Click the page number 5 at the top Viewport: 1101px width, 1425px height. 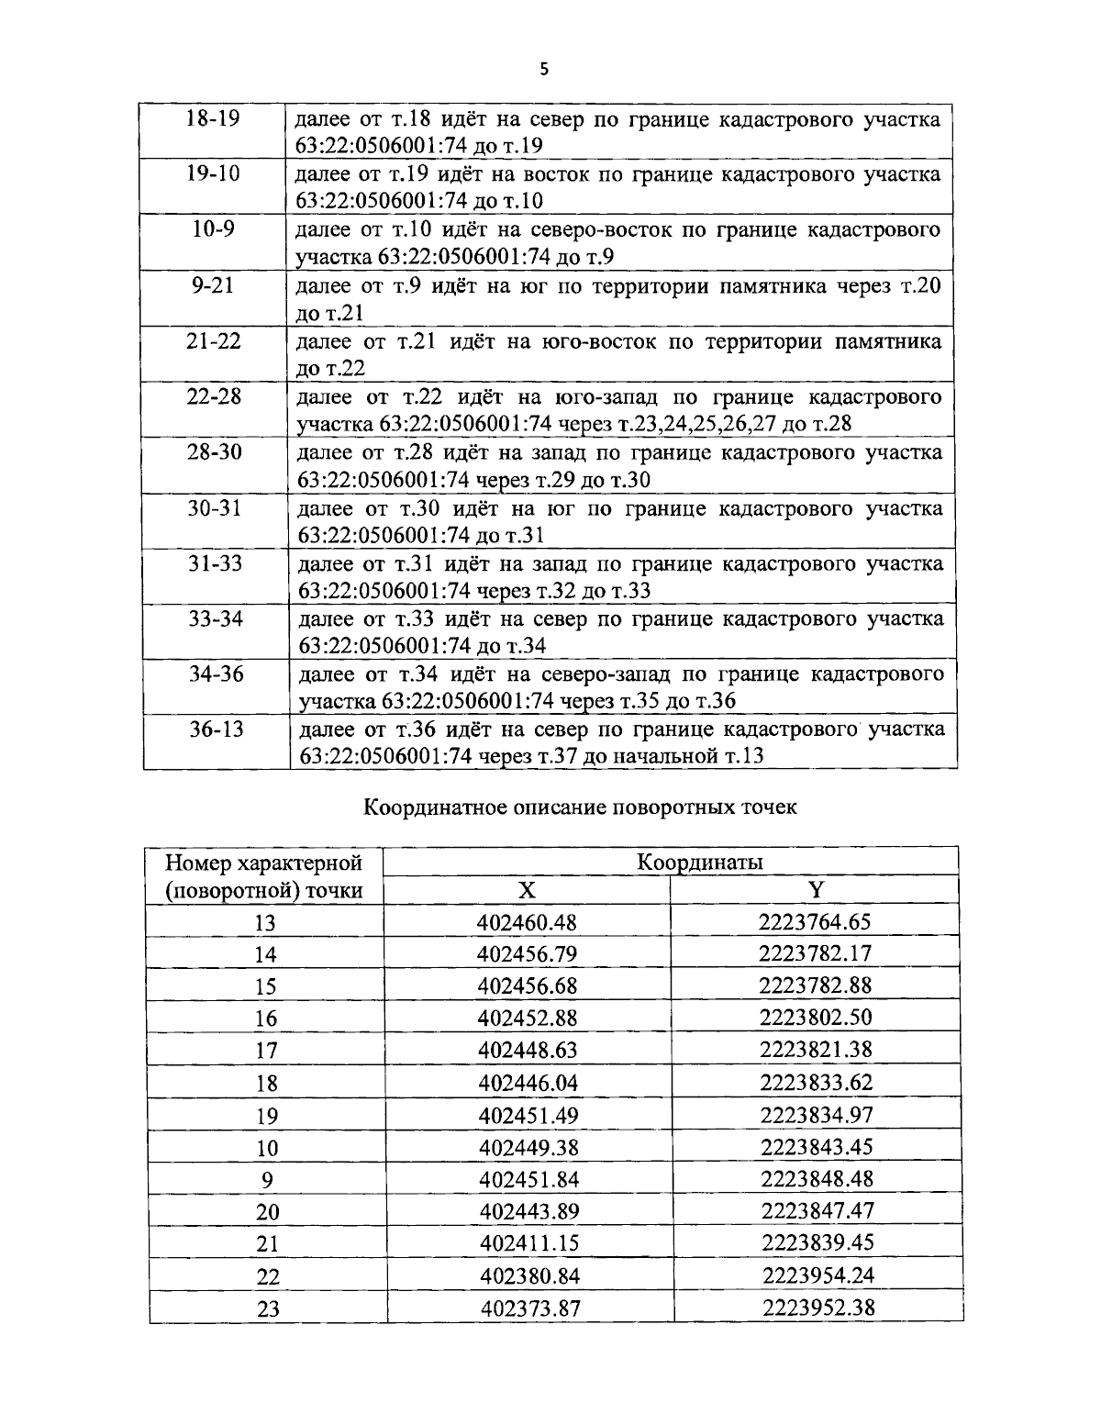(x=545, y=69)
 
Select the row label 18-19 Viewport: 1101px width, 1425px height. (x=212, y=119)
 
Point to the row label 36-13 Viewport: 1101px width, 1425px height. (x=216, y=729)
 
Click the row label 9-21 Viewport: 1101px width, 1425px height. (x=213, y=285)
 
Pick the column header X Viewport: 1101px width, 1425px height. (x=526, y=890)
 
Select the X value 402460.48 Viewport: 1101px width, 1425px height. (x=528, y=922)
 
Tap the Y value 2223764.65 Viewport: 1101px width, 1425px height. (x=815, y=921)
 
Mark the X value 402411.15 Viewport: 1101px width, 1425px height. (x=529, y=1243)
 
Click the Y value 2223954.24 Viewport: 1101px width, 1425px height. (x=817, y=1275)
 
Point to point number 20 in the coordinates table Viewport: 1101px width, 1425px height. (x=267, y=1212)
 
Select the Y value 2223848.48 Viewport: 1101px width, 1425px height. (x=817, y=1178)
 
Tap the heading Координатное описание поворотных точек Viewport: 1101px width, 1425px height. (x=581, y=807)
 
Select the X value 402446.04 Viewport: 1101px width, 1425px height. (x=528, y=1083)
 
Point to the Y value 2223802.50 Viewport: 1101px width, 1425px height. (x=816, y=1018)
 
